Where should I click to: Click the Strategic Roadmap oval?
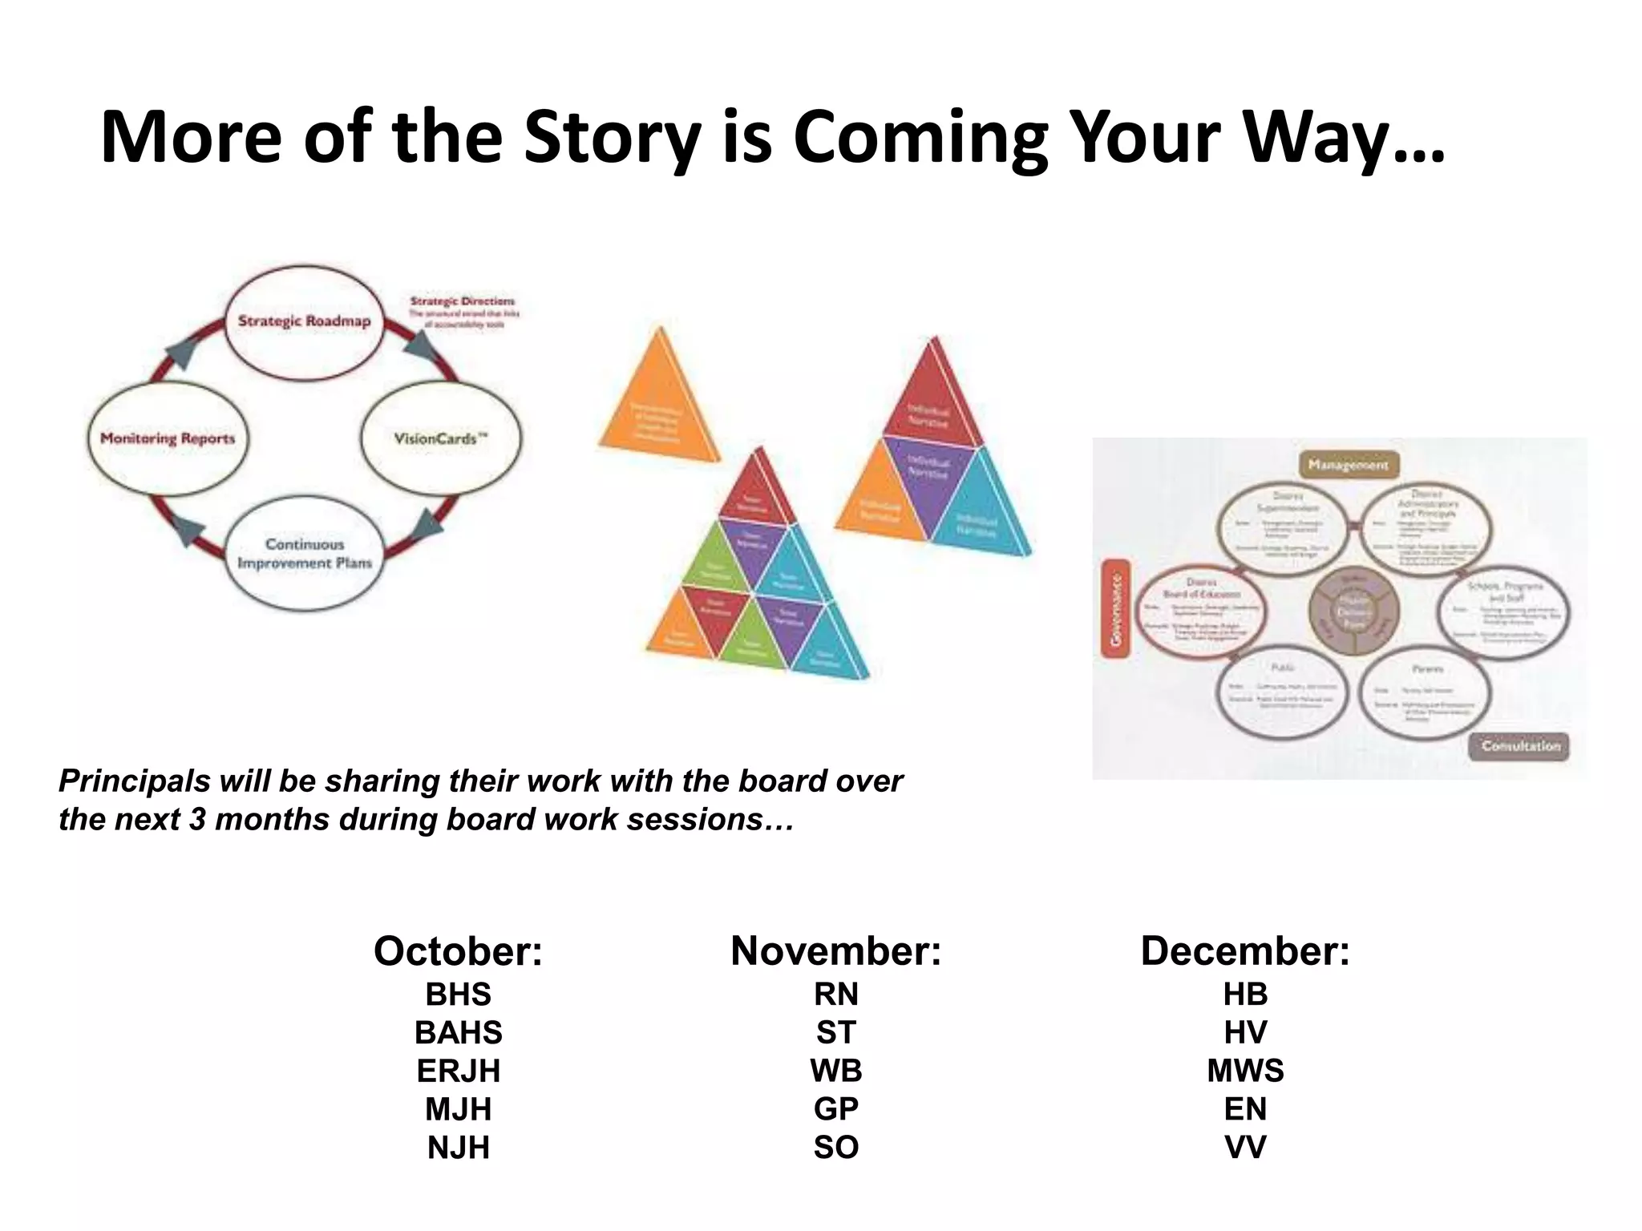pos(304,321)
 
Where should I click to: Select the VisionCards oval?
pos(440,438)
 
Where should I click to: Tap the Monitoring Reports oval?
pos(168,438)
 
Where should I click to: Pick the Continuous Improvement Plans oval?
pos(305,554)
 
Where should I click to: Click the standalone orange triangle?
pos(660,402)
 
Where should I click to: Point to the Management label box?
pos(1348,465)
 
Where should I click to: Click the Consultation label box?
pos(1520,745)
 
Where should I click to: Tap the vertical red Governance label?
pos(1115,608)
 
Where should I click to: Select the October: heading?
pos(458,951)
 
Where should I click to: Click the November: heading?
pos(835,951)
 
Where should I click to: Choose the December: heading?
pos(1245,951)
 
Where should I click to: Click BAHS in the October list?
pos(458,1032)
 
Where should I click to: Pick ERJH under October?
pos(458,1071)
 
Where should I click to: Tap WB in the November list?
pos(835,1071)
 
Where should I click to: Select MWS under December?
pos(1245,1071)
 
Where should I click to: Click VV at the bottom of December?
pos(1245,1147)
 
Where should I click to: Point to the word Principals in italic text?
pos(135,781)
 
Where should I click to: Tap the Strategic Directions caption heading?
pos(463,301)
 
